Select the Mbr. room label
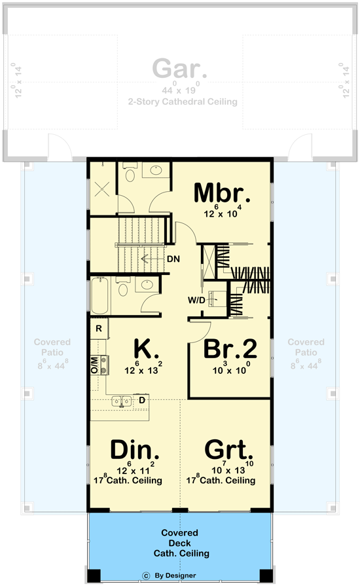click(222, 193)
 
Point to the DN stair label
click(173, 259)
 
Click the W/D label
click(196, 301)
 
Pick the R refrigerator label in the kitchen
click(98, 328)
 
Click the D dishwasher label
click(141, 399)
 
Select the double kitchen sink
click(120, 401)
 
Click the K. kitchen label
click(147, 348)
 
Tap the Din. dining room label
click(135, 450)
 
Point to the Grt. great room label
click(229, 450)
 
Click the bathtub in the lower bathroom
click(99, 297)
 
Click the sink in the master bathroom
click(156, 172)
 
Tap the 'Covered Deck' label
click(180, 538)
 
